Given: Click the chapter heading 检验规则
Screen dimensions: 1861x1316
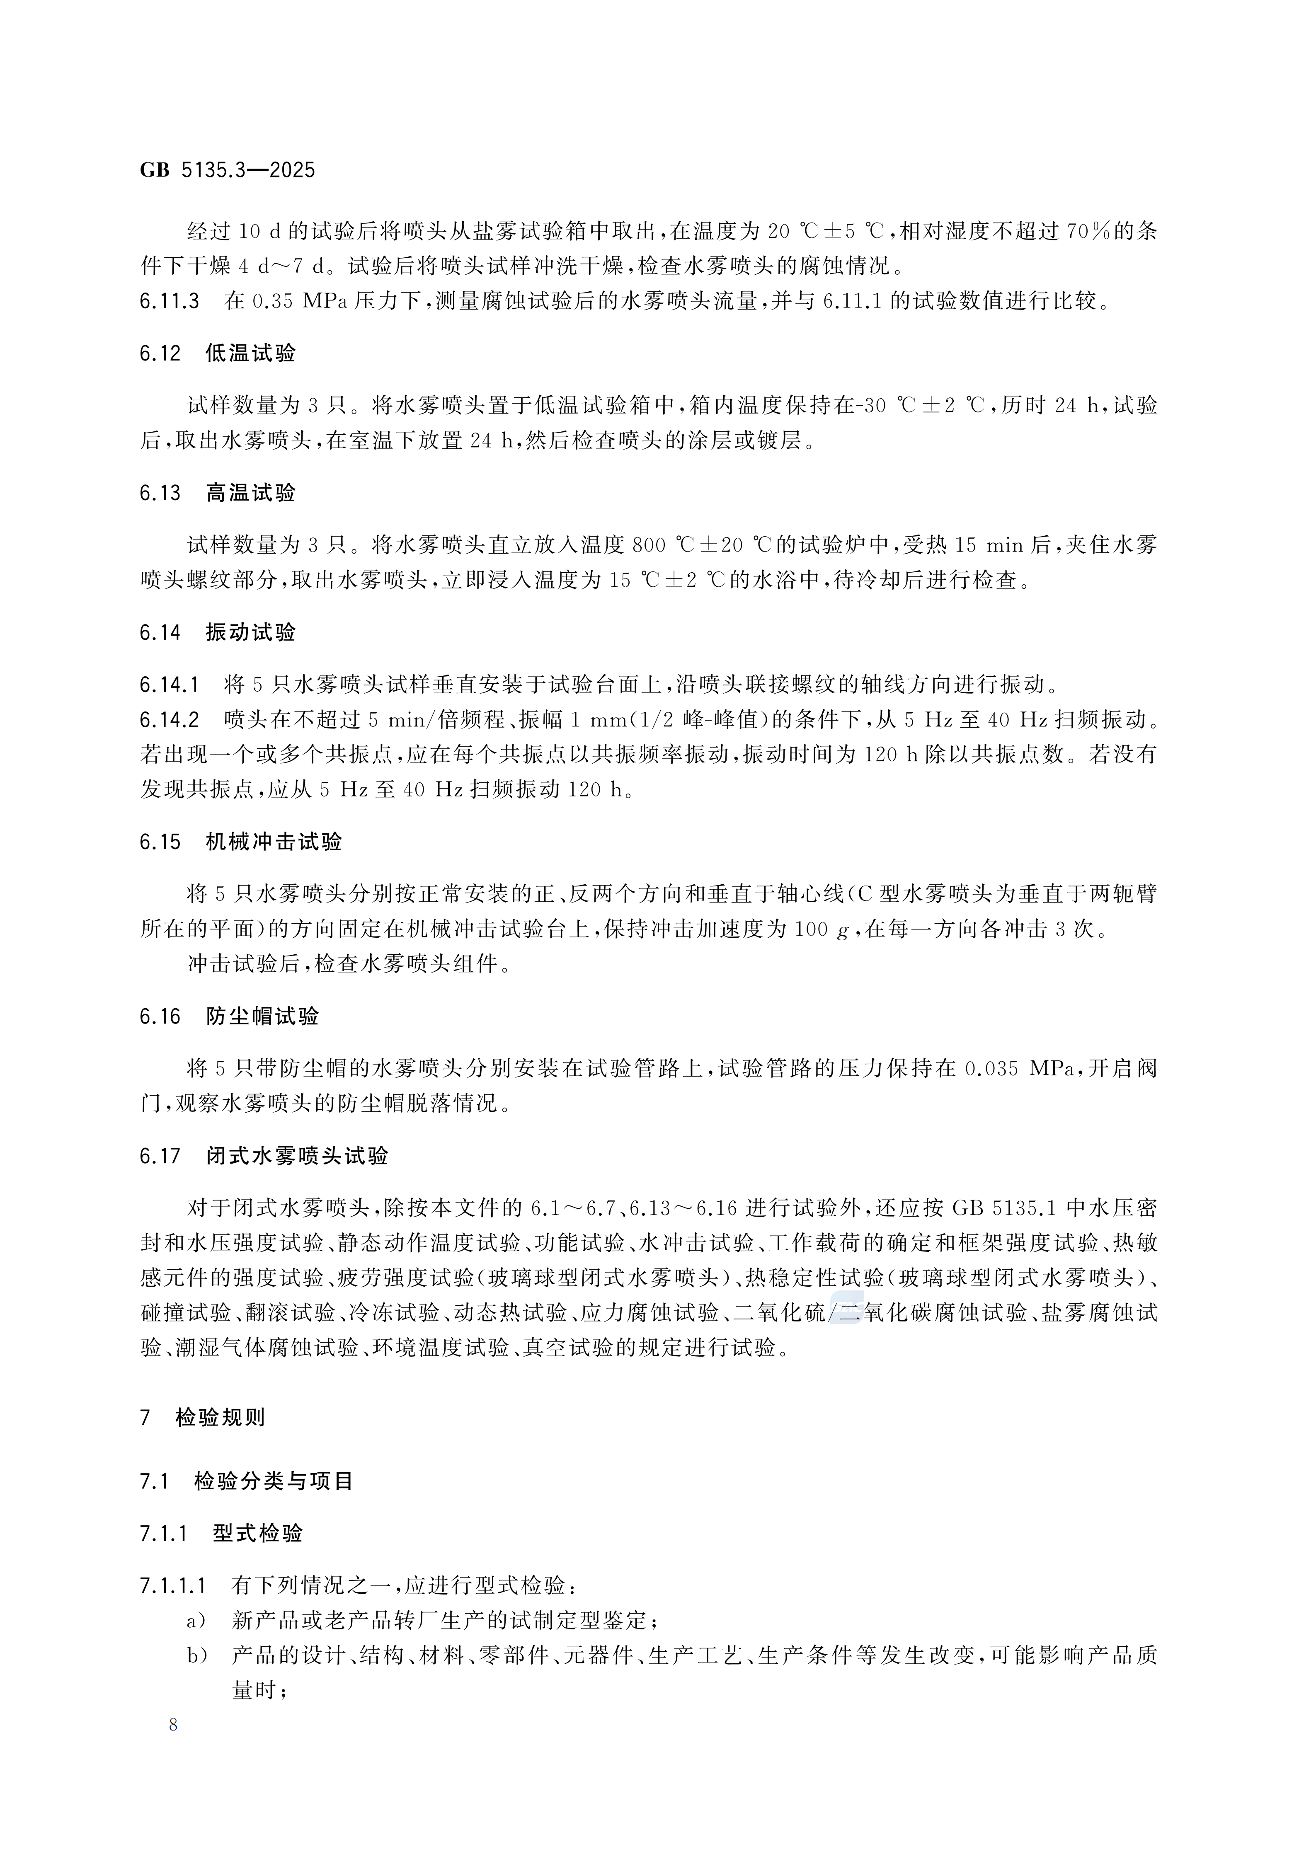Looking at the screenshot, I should (220, 1418).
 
